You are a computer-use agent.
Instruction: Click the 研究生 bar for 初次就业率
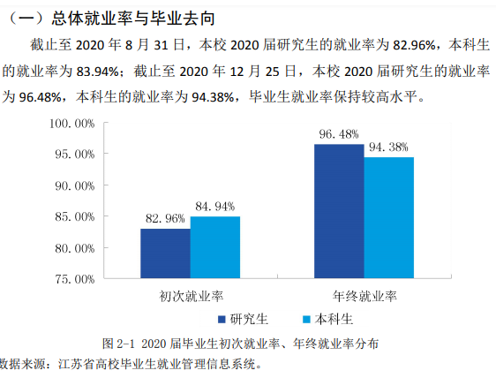165,253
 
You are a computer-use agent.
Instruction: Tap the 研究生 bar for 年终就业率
339,211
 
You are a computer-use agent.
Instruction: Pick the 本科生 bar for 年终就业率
388,217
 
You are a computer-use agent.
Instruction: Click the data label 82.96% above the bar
165,218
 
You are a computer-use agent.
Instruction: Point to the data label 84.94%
214,207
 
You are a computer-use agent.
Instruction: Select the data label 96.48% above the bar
339,134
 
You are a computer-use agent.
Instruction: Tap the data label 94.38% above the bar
389,147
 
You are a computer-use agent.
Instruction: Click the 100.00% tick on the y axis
71,124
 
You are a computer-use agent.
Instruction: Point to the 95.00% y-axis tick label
74,155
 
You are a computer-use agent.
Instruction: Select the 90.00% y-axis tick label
74,185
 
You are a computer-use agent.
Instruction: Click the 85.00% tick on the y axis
74,216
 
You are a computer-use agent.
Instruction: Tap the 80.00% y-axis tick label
74,247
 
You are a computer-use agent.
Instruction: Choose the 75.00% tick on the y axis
74,279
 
